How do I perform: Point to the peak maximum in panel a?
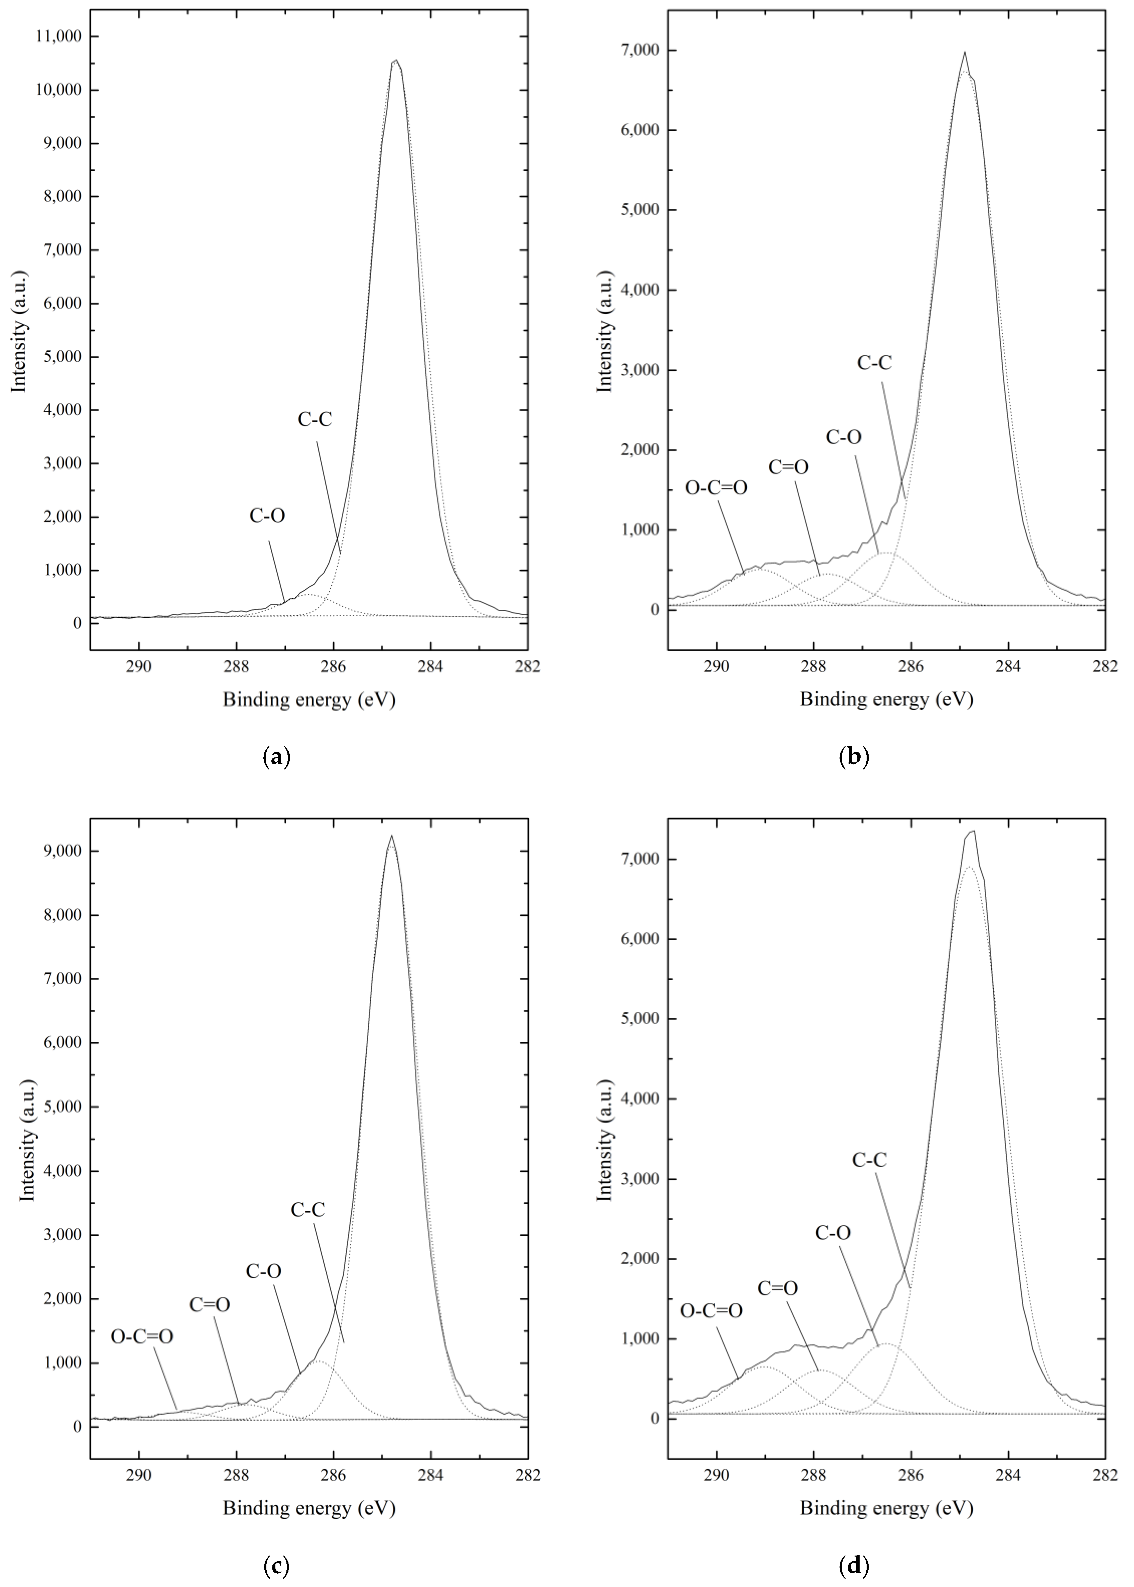(x=396, y=61)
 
